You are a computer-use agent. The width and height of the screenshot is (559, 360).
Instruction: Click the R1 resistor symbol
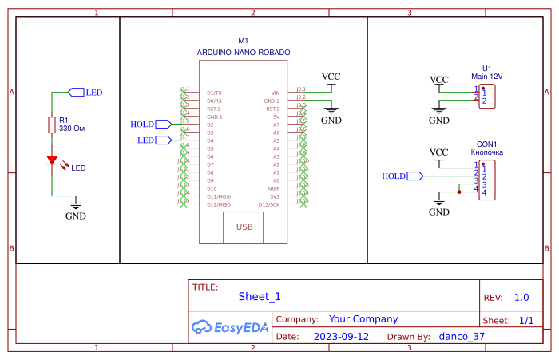[52, 124]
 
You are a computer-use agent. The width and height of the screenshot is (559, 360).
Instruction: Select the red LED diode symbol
[53, 160]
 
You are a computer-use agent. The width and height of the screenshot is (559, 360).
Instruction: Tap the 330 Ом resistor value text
[72, 128]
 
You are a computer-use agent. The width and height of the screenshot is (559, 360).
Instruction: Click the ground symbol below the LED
[76, 205]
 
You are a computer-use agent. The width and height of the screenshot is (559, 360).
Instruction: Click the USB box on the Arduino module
[244, 227]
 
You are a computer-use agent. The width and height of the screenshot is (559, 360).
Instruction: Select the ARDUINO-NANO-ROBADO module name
[244, 52]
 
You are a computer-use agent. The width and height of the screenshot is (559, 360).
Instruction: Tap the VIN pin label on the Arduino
[276, 93]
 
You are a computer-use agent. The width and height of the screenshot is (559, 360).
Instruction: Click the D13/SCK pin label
[270, 204]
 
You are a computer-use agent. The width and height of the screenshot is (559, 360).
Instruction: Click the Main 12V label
[487, 77]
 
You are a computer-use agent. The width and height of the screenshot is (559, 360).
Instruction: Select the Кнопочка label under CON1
[487, 151]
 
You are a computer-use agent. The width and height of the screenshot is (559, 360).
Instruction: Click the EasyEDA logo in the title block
[229, 326]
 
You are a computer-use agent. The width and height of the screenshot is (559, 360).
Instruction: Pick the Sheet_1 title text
[260, 297]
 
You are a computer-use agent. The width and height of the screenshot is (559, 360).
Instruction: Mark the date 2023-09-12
[341, 336]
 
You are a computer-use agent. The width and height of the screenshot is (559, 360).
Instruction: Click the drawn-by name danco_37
[462, 336]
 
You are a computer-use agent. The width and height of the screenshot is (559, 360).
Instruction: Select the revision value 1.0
[521, 297]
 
